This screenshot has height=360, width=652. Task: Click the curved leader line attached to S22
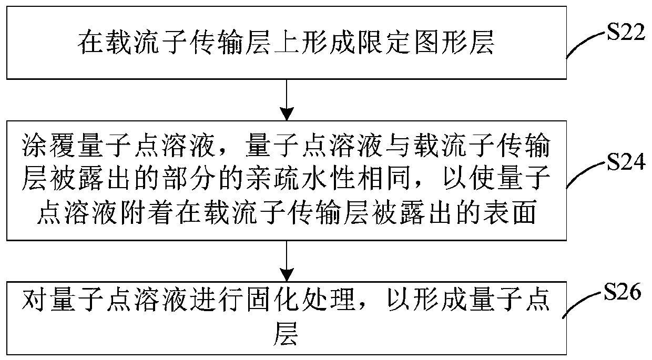(586, 45)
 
